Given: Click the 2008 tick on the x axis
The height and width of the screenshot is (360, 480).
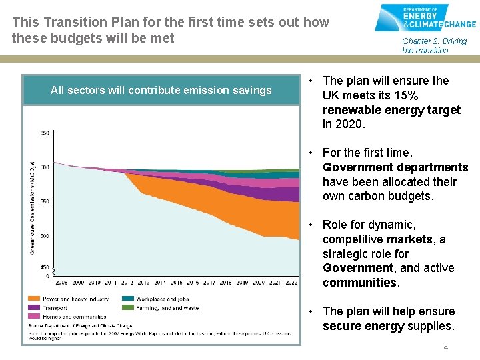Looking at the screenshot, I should (62, 282).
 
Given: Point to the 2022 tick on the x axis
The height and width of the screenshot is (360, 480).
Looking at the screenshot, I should (291, 282).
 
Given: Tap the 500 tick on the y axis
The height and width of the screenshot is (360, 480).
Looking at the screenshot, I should (44, 236).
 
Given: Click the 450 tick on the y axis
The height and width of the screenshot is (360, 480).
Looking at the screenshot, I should (44, 267).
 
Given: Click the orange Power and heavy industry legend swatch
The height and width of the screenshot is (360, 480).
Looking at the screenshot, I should (33, 299).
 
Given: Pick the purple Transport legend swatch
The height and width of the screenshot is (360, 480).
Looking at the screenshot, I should (33, 308).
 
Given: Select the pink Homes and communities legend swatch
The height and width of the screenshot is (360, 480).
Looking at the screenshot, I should (33, 317).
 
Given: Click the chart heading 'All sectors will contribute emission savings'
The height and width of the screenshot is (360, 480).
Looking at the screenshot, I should (161, 90).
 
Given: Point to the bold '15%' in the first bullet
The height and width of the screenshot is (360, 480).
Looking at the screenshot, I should (407, 95).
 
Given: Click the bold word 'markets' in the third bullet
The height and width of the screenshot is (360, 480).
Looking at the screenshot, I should (409, 239).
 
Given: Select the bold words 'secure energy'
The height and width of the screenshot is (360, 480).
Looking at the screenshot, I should (363, 326).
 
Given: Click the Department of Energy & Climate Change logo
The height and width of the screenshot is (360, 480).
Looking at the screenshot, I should (425, 18).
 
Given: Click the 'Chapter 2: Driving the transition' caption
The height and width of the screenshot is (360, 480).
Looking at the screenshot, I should (434, 45).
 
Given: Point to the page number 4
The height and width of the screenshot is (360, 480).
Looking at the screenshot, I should (446, 348).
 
